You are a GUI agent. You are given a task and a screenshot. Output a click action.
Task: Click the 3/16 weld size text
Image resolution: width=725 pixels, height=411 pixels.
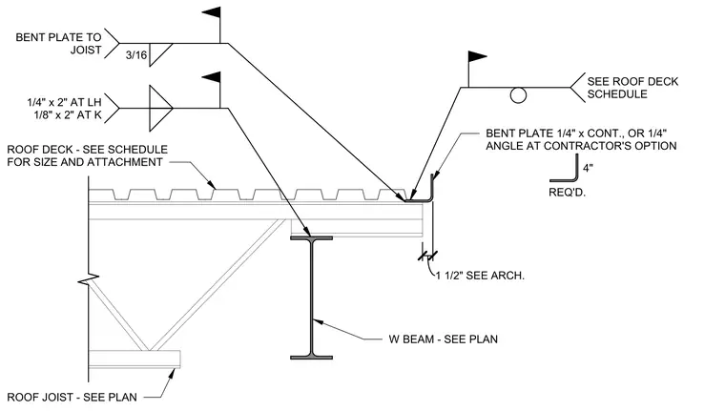click(136, 55)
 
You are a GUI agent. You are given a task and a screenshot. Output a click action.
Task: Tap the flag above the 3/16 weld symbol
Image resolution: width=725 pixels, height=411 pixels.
click(212, 13)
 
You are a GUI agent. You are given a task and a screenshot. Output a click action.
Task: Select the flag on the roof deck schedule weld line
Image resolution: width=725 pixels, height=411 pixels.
click(478, 57)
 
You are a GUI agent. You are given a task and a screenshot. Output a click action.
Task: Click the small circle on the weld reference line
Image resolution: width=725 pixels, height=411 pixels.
click(518, 95)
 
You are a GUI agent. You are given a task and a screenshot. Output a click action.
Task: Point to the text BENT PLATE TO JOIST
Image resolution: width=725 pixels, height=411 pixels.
click(58, 44)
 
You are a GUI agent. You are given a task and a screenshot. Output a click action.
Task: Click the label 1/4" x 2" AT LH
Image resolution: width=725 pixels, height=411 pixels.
click(64, 102)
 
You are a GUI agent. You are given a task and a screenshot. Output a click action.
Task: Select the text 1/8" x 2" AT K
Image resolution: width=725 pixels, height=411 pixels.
click(68, 114)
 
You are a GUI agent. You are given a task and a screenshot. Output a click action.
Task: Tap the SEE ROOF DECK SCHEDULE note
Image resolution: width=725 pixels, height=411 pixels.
click(632, 88)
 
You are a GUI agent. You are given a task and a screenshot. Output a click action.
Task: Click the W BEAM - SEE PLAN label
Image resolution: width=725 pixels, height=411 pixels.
click(443, 339)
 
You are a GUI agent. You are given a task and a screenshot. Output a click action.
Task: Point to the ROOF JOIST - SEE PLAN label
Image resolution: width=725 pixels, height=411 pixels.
click(72, 397)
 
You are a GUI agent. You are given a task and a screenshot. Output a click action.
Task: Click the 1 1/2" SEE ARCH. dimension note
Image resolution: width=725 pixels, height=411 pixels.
click(481, 276)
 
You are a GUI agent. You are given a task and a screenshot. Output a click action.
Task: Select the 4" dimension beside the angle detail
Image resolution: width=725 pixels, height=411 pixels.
click(588, 168)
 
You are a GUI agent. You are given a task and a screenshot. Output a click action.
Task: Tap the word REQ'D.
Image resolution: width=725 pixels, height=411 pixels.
click(567, 192)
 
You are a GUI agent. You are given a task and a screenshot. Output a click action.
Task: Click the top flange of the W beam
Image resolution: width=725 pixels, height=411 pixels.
click(311, 238)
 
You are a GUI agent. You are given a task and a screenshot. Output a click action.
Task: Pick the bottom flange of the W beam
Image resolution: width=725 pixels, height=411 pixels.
click(311, 357)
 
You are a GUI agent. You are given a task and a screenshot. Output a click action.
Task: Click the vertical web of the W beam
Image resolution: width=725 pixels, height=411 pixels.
click(312, 298)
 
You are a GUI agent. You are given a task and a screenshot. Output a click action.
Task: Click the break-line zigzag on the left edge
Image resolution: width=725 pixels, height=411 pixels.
click(89, 279)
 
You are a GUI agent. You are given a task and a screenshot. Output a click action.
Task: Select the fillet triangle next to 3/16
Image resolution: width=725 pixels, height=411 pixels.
click(160, 55)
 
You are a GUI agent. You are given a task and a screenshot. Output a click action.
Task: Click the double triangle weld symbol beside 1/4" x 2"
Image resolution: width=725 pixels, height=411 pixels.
click(160, 108)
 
